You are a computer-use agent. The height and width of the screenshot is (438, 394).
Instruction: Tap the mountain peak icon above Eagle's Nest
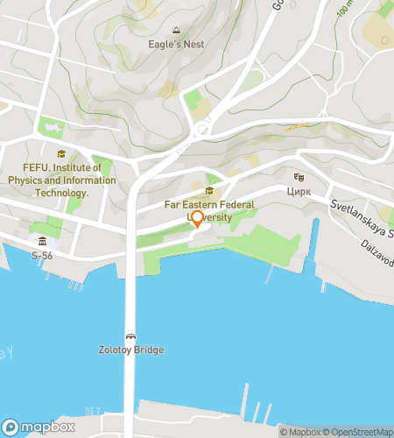click(178, 29)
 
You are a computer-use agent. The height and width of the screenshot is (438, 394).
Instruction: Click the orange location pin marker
click(197, 219)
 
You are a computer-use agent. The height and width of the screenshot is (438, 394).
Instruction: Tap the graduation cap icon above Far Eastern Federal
click(208, 192)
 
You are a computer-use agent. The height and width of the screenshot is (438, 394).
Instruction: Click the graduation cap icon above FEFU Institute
click(61, 153)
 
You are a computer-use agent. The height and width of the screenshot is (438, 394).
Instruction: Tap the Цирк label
click(299, 190)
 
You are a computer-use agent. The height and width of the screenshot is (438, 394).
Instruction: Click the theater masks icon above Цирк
click(299, 177)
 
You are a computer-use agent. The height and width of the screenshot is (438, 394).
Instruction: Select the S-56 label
click(42, 256)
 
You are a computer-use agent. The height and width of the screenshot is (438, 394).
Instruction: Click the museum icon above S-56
click(42, 242)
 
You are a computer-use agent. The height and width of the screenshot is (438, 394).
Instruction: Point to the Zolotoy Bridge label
click(130, 350)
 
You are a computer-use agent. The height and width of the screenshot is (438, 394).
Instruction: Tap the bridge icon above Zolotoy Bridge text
click(130, 336)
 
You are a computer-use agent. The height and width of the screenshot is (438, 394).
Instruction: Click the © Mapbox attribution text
click(299, 431)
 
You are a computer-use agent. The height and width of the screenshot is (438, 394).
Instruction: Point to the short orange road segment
click(297, 127)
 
